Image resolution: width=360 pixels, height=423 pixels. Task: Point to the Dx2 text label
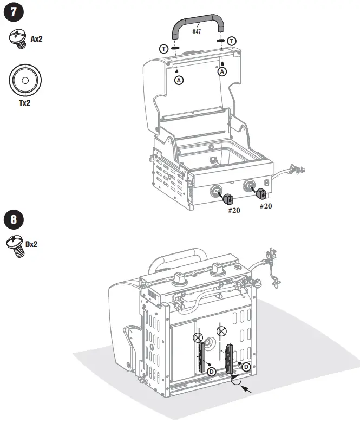pos(31,244)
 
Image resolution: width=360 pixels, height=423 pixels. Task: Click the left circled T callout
pos(163,48)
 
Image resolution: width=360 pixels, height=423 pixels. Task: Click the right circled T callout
pos(232,41)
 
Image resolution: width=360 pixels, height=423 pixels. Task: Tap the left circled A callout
pos(179,80)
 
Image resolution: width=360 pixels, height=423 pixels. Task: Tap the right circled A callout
pos(222,72)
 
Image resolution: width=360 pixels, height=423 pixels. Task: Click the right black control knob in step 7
pos(261,192)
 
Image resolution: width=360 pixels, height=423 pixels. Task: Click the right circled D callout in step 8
pos(246,367)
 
